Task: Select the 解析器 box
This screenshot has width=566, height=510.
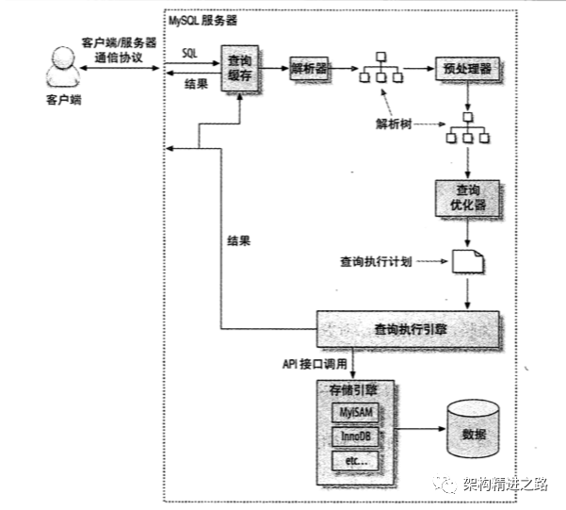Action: [307, 69]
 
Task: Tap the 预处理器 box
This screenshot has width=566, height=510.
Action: [466, 69]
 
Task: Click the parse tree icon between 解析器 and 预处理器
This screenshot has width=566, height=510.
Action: [381, 69]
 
